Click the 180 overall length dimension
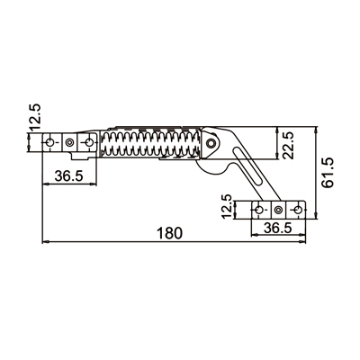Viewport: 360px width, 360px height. coord(169,233)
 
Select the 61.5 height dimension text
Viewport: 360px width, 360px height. coord(328,174)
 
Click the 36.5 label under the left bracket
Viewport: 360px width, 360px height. coord(68,175)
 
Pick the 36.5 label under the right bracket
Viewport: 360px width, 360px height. coord(278,228)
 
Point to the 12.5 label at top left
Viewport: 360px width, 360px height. coord(35,117)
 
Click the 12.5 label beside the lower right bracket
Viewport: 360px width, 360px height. coord(228,207)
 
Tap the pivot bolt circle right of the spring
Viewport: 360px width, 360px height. coord(211,143)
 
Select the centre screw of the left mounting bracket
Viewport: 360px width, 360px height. coord(70,142)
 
